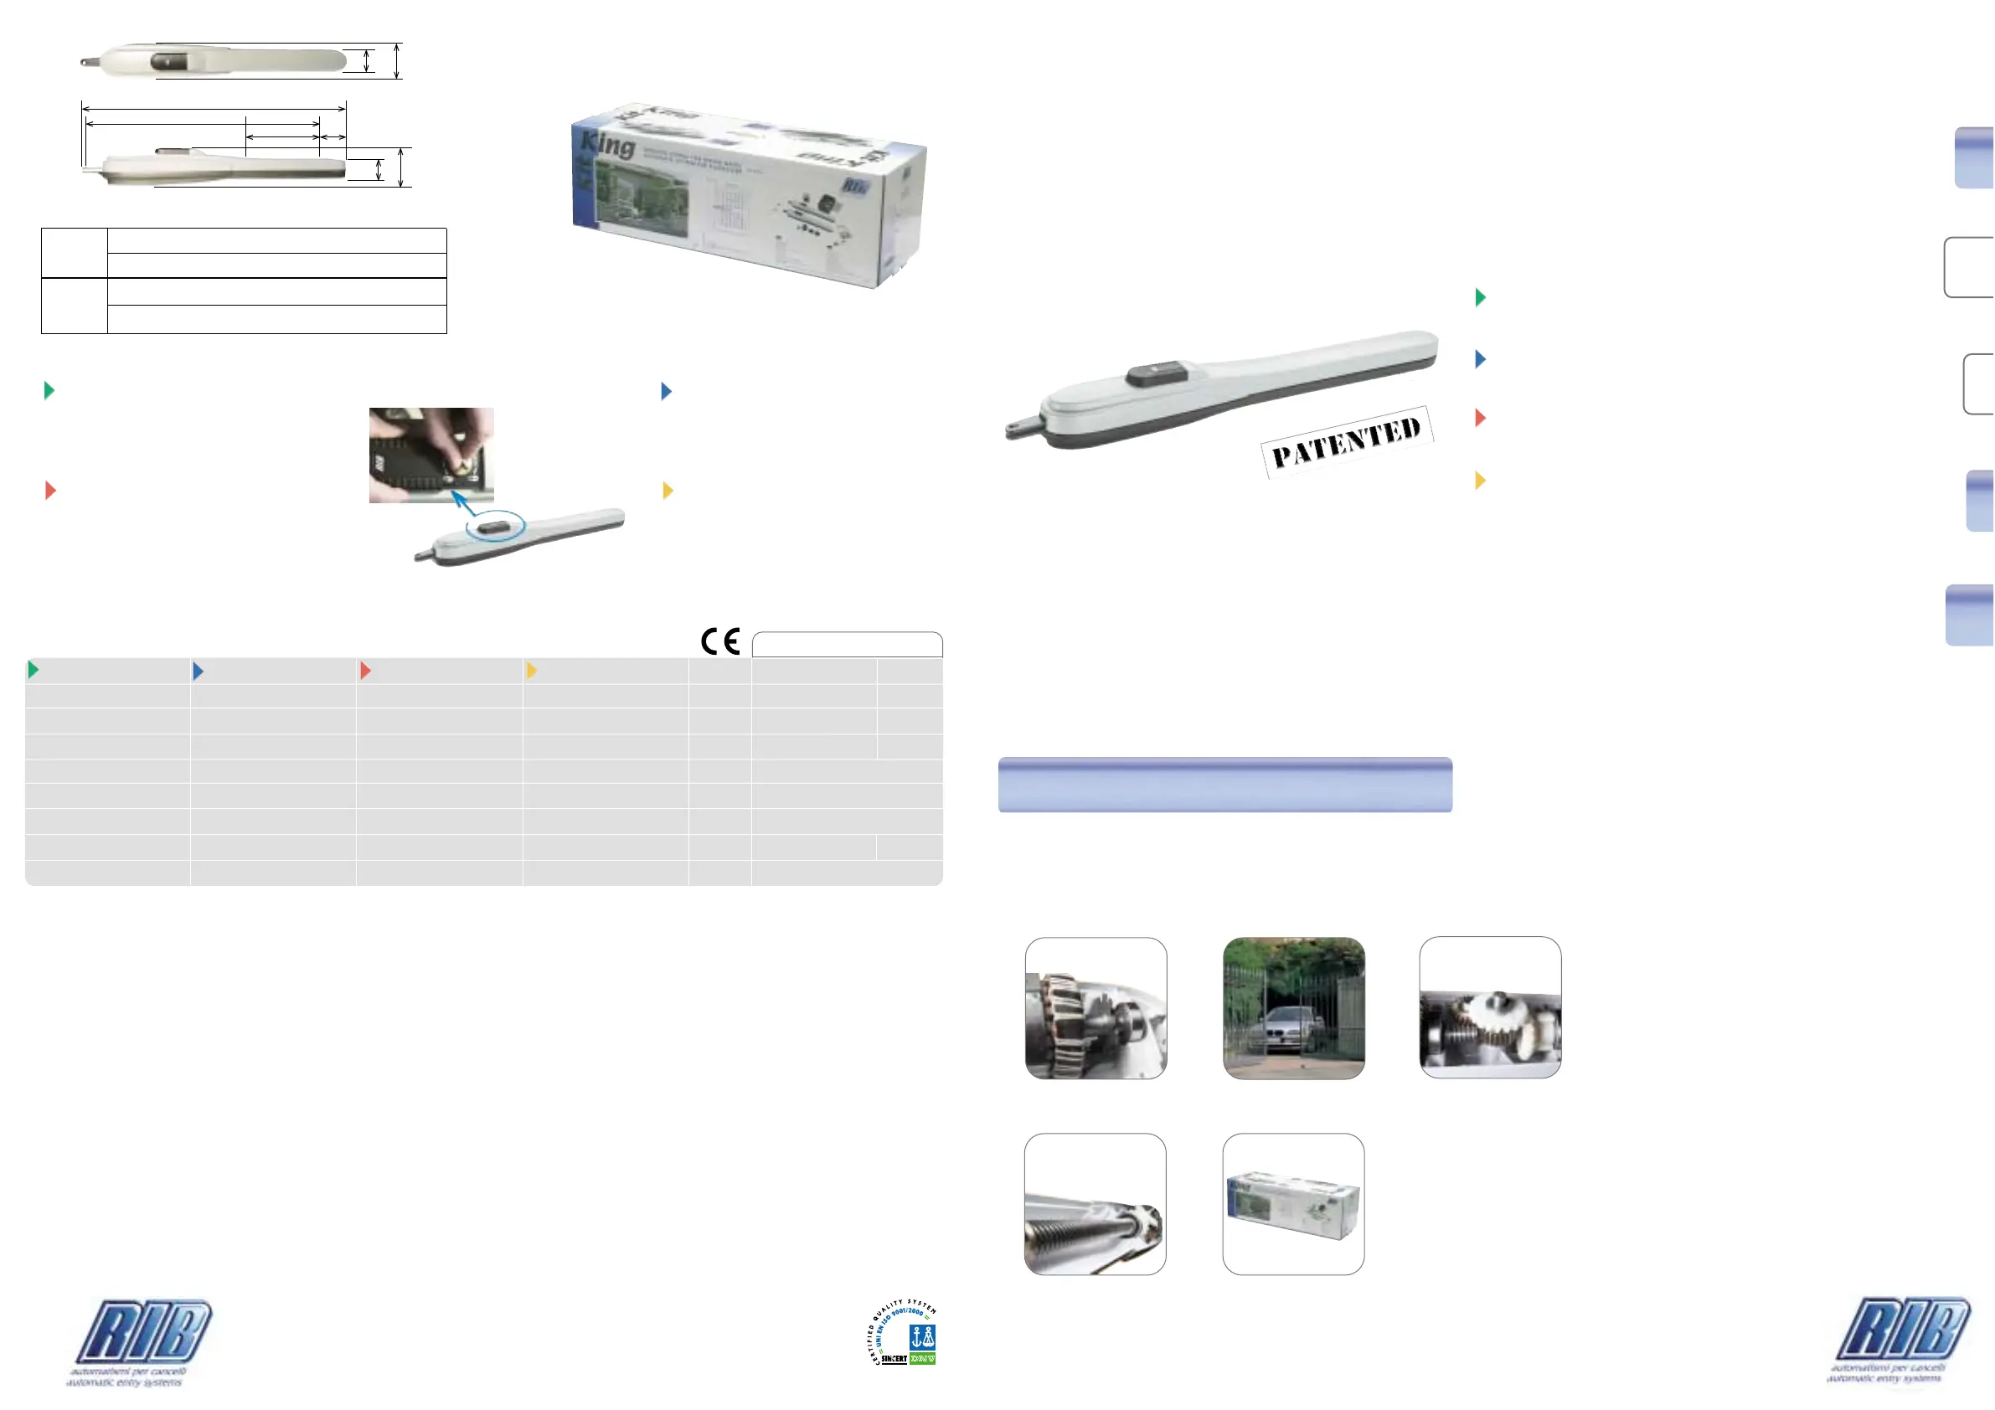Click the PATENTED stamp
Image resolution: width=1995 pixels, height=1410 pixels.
(1346, 441)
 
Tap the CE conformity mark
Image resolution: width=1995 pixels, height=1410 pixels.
(720, 641)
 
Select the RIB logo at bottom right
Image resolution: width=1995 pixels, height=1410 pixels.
(1902, 1330)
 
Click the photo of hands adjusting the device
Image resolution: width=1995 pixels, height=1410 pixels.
(431, 455)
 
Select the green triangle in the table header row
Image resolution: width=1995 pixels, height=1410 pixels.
(33, 669)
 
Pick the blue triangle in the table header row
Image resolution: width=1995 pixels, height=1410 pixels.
(198, 670)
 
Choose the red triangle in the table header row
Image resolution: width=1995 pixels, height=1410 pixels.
(365, 670)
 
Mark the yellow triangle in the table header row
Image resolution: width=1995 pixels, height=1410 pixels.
(531, 670)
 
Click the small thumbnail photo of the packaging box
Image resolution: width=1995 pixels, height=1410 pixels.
(1293, 1204)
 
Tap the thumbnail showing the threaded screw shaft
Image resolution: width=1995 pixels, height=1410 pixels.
(1095, 1204)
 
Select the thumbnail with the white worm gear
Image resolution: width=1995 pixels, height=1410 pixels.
(1490, 1008)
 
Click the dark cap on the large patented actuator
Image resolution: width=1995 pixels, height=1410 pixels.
(1157, 373)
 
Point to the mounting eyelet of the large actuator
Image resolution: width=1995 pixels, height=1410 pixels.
(1016, 427)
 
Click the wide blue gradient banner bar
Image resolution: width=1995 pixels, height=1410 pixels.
(1224, 785)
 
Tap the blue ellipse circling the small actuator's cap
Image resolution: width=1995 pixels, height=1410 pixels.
(496, 527)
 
